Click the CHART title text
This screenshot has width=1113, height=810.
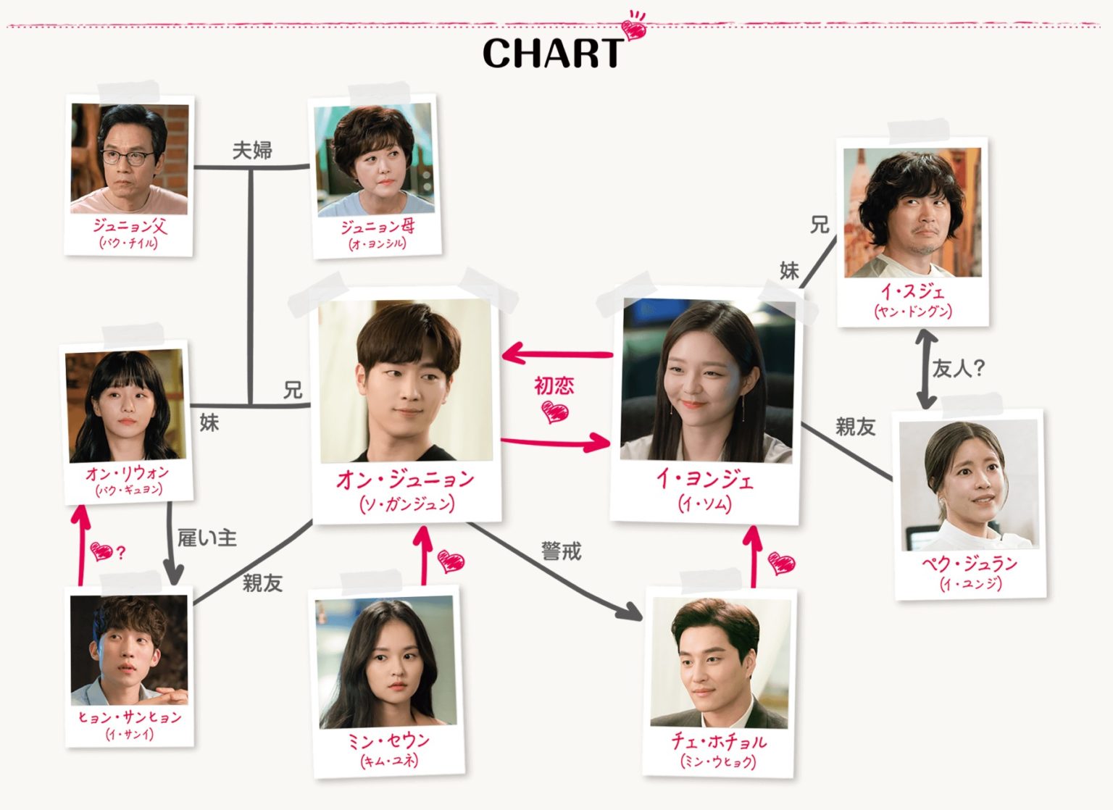click(552, 53)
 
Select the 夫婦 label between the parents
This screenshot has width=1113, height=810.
click(252, 150)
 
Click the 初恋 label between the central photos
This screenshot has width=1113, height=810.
click(554, 385)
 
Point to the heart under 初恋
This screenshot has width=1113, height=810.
click(556, 413)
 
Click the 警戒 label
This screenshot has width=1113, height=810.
click(561, 552)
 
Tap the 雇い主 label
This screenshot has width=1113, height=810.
click(207, 538)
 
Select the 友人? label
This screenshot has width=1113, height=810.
click(958, 369)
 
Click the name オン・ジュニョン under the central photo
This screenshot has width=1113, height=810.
click(406, 479)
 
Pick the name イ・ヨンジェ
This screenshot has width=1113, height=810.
click(704, 479)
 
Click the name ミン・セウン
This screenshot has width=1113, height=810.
click(389, 740)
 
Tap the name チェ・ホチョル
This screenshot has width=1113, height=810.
click(718, 740)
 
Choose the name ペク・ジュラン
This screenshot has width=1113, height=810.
click(970, 563)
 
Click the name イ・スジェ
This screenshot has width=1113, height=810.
click(913, 291)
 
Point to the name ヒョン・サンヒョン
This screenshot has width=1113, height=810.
click(130, 717)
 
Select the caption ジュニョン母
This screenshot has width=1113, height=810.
click(378, 227)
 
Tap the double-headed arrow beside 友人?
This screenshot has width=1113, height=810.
click(926, 369)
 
